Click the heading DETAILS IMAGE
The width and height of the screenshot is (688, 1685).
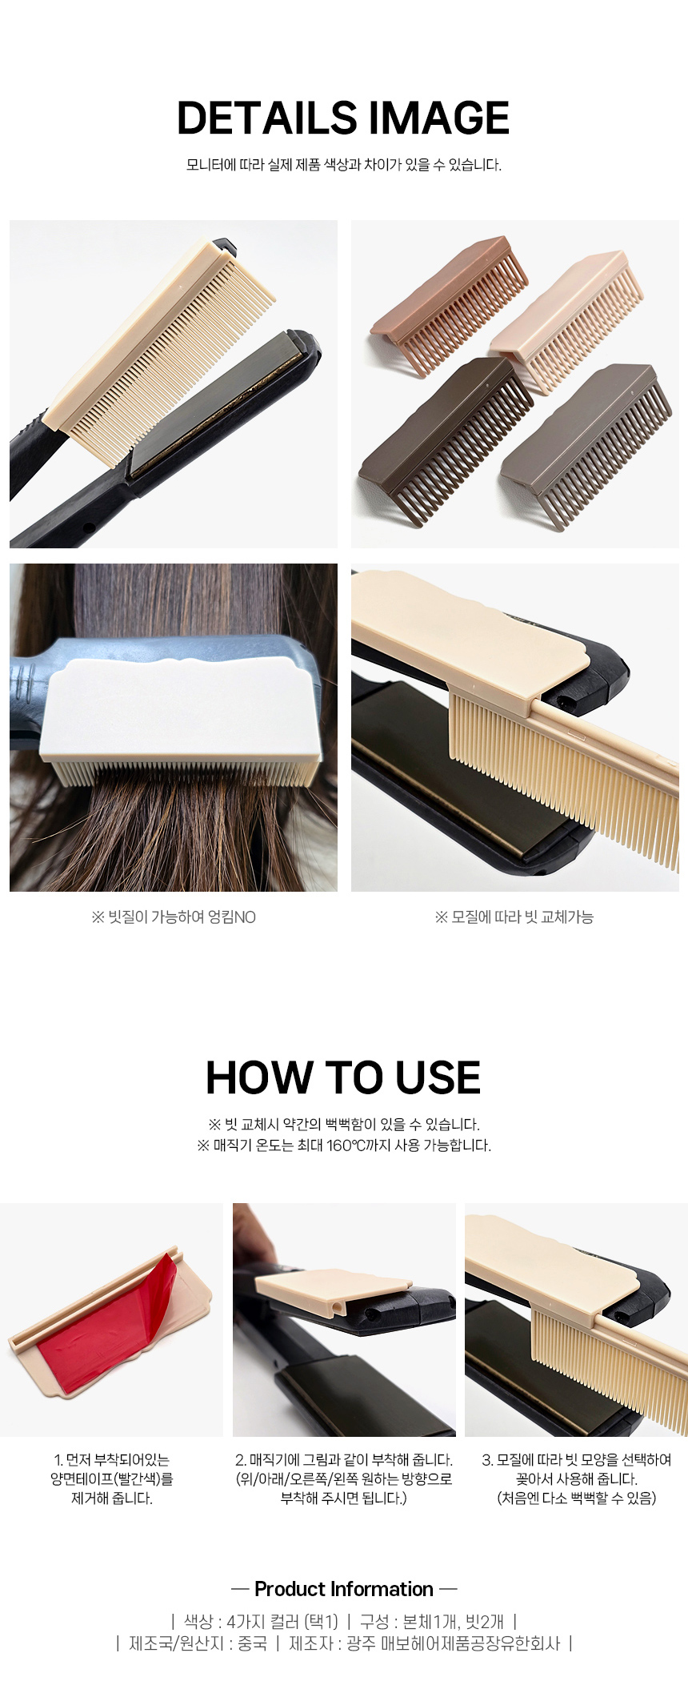tap(343, 118)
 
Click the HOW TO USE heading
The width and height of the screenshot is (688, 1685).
tap(343, 1077)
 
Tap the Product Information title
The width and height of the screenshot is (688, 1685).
tap(344, 1589)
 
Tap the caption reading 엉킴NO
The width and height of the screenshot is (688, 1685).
tap(174, 917)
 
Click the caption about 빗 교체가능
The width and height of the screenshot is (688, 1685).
tap(514, 917)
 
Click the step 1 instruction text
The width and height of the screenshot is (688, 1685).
tap(112, 1479)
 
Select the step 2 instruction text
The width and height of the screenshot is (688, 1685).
tap(344, 1479)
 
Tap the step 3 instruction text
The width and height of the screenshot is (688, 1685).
tap(576, 1479)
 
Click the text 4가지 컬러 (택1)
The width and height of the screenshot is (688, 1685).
tap(282, 1622)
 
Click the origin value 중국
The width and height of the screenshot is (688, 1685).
tap(252, 1643)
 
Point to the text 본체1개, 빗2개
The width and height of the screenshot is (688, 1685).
tap(454, 1622)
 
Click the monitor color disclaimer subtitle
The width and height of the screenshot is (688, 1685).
tap(344, 165)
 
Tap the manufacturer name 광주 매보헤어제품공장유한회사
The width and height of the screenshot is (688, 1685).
tap(453, 1643)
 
